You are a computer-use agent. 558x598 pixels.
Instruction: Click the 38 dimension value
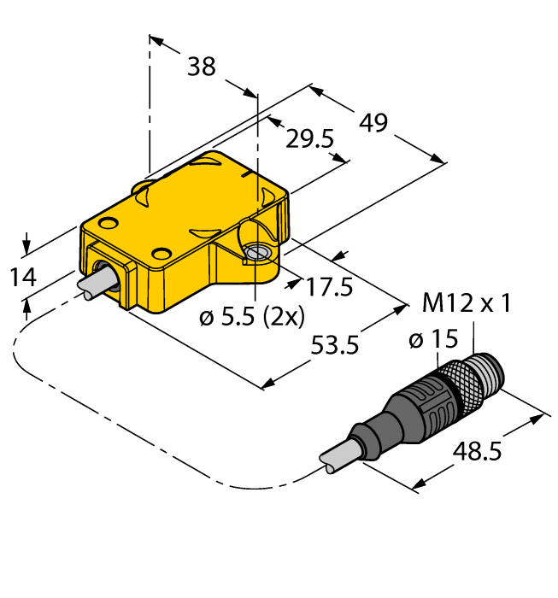[202, 67]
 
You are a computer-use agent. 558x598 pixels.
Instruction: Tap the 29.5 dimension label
[308, 139]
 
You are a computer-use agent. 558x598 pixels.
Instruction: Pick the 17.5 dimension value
[329, 287]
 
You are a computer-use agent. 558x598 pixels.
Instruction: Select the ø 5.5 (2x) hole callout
[251, 318]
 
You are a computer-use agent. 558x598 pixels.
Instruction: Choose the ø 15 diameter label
[434, 340]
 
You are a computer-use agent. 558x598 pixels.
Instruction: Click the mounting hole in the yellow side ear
[256, 252]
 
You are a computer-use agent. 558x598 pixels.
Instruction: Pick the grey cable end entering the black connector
[337, 459]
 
